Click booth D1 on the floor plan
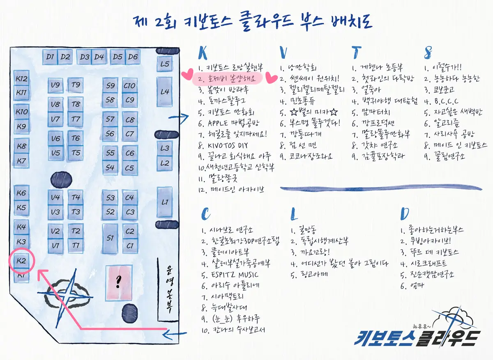coord(50,57)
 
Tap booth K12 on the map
coord(21,79)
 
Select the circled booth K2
coord(21,261)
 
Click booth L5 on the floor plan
coord(165,64)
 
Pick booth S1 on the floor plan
coord(110,238)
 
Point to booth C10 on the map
coord(129,86)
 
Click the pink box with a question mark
coord(119,282)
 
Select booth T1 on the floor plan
coord(76,245)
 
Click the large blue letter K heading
coord(203,53)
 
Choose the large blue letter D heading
coord(405,213)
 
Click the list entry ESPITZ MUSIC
coord(230,275)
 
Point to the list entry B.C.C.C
coord(442,101)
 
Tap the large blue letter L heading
coord(294,214)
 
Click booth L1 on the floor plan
coord(165,202)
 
